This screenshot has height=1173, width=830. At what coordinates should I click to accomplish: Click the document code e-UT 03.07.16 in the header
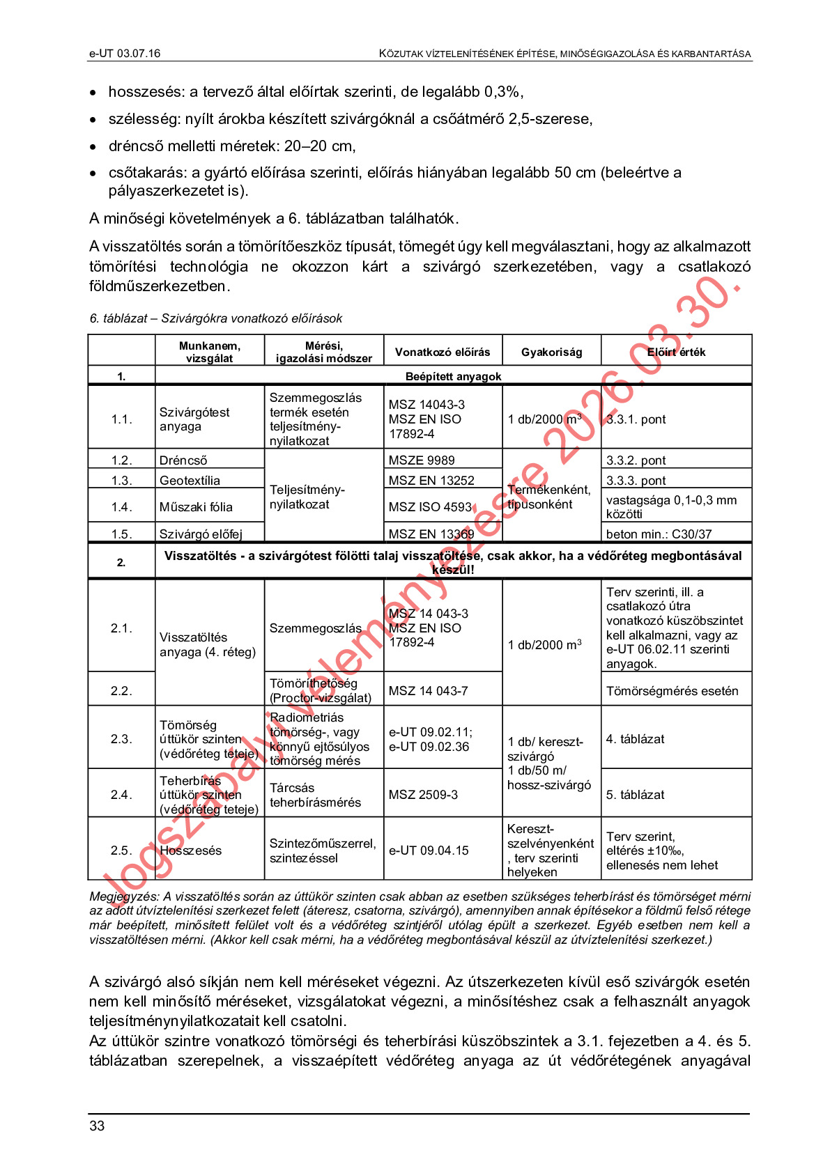(x=125, y=54)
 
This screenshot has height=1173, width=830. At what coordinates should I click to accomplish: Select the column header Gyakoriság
(x=551, y=352)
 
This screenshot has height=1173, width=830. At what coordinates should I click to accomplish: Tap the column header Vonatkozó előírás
(x=443, y=352)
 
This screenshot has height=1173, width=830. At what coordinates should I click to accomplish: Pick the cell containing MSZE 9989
(x=422, y=460)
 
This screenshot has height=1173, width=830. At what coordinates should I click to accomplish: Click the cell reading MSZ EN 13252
(x=431, y=481)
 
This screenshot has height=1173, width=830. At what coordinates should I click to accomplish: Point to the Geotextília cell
(x=190, y=481)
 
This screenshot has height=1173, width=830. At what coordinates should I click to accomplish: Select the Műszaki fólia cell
(x=196, y=507)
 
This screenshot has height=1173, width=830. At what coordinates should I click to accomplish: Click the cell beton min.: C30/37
(x=659, y=534)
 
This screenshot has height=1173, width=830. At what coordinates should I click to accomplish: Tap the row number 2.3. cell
(x=121, y=739)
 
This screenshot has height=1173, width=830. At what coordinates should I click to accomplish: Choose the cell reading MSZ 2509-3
(x=423, y=795)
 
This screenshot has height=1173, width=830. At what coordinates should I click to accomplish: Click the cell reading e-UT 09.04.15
(x=429, y=850)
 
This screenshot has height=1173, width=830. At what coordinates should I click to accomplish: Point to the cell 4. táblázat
(x=635, y=739)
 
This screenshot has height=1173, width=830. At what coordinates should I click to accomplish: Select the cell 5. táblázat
(x=635, y=795)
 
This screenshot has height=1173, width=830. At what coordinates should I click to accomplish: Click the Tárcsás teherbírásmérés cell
(x=315, y=795)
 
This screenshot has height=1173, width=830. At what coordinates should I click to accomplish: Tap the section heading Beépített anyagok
(x=453, y=376)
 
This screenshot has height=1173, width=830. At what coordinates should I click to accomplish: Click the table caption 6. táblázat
(x=215, y=318)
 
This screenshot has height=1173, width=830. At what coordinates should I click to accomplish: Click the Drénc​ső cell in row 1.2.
(x=183, y=460)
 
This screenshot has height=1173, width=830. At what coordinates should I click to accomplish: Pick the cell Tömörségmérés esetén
(x=672, y=691)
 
